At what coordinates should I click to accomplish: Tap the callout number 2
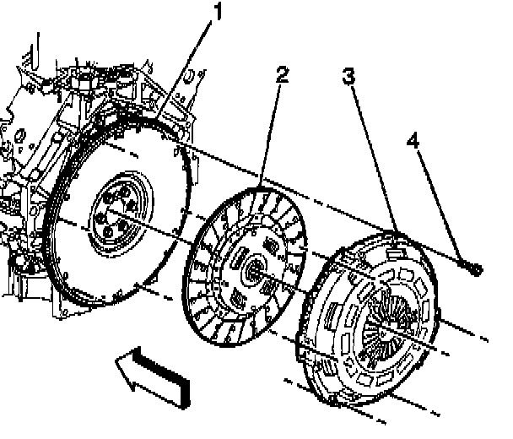(282, 74)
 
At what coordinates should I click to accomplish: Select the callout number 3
(348, 77)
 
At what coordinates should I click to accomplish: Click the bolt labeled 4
(472, 269)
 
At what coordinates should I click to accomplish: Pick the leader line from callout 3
(371, 152)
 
